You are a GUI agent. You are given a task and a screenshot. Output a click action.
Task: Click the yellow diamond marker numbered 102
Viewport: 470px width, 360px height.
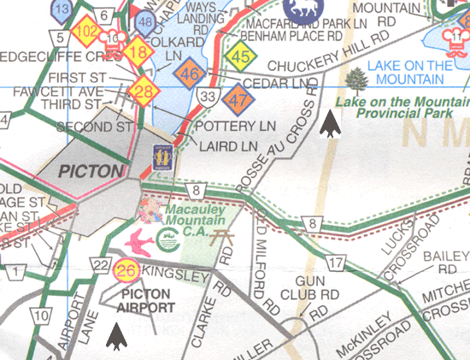tap(86, 33)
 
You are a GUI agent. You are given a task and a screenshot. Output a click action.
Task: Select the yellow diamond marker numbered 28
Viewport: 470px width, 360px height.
tap(146, 91)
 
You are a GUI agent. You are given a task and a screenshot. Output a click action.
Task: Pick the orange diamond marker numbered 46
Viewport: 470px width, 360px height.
tap(191, 75)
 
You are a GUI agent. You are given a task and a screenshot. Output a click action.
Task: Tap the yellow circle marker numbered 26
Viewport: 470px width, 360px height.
tap(126, 272)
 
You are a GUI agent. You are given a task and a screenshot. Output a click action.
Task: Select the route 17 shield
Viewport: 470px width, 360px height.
tap(336, 263)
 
